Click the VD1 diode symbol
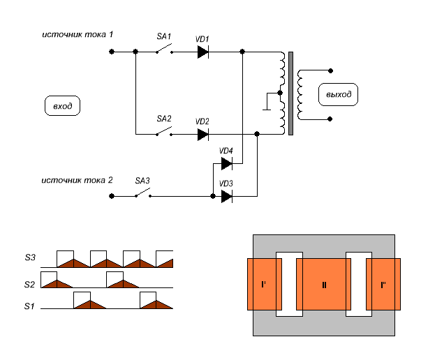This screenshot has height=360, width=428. point(202,52)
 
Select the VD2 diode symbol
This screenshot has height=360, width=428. point(202,135)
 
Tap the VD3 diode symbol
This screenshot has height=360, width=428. point(226,196)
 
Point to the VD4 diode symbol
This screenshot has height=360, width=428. point(226,164)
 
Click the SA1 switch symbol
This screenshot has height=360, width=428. point(164,48)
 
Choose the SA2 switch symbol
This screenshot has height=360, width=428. point(164,131)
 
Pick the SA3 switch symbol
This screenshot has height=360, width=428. point(143,193)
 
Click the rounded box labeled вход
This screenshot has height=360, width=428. point(63,106)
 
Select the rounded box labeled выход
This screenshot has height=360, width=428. point(338,94)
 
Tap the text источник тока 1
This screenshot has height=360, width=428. point(78,35)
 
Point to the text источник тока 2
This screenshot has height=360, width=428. point(77,180)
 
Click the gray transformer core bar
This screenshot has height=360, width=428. point(290,93)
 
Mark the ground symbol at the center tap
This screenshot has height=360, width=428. point(267,101)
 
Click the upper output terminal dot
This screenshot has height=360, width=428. point(330,71)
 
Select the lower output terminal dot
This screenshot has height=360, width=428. point(330,119)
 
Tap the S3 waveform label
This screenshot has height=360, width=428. point(30,257)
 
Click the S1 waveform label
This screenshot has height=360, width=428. point(29,306)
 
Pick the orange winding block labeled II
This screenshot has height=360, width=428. point(324,284)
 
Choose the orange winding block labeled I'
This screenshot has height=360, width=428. point(265,284)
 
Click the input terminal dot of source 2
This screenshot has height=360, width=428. point(112,196)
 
